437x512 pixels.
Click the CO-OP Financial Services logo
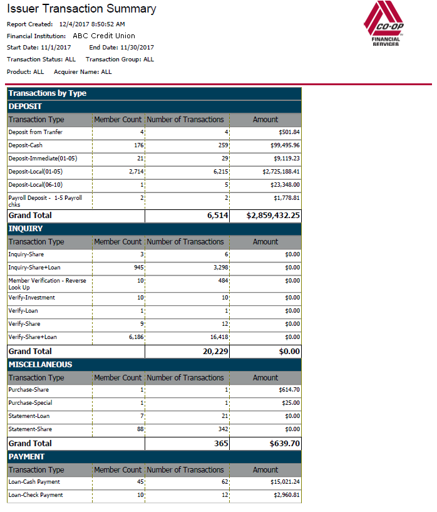click(384, 23)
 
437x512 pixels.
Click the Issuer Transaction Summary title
click(81, 9)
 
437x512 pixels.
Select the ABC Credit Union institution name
click(104, 36)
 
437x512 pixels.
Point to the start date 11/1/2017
click(56, 48)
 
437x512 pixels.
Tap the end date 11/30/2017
click(137, 48)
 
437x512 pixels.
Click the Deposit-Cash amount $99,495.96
click(285, 145)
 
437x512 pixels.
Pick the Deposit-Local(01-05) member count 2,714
click(136, 172)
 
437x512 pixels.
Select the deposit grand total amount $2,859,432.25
click(273, 216)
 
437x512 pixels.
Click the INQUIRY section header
click(26, 229)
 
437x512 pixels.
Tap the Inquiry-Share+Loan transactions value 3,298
click(221, 268)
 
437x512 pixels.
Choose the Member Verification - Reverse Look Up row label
click(48, 284)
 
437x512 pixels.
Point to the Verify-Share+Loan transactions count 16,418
click(219, 337)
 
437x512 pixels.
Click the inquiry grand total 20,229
click(215, 352)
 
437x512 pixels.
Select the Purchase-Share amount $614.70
click(289, 390)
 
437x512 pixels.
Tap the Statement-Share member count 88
click(141, 429)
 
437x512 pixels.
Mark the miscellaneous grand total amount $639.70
click(285, 444)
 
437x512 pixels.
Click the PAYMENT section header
click(26, 456)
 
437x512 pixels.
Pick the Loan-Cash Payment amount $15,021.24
click(285, 482)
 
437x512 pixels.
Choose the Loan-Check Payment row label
click(36, 495)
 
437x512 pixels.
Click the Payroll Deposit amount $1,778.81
click(287, 198)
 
